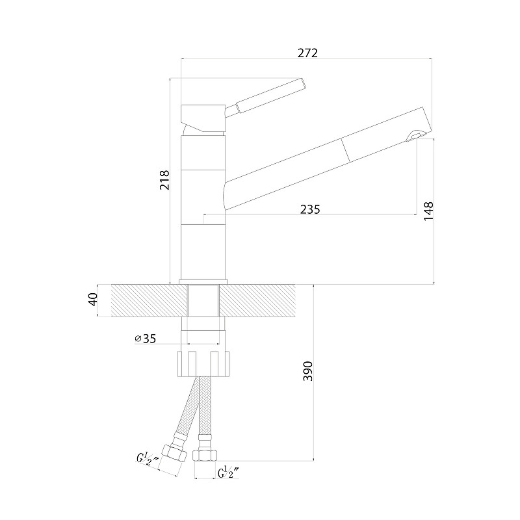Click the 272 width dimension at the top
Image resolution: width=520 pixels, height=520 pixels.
(x=307, y=53)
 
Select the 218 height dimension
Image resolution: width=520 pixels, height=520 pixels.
(x=164, y=180)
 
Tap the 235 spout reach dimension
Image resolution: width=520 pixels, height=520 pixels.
(x=310, y=209)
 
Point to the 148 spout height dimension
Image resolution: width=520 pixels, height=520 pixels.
(x=428, y=211)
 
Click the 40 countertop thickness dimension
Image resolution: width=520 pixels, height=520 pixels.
(x=94, y=300)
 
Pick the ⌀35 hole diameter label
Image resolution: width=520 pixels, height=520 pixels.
(x=145, y=339)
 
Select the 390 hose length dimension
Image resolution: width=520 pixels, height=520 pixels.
(x=307, y=371)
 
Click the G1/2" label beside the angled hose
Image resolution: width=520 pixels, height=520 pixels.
(x=148, y=459)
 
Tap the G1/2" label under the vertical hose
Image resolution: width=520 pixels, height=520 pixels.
(x=229, y=473)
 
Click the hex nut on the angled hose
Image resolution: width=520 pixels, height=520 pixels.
(x=174, y=454)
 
